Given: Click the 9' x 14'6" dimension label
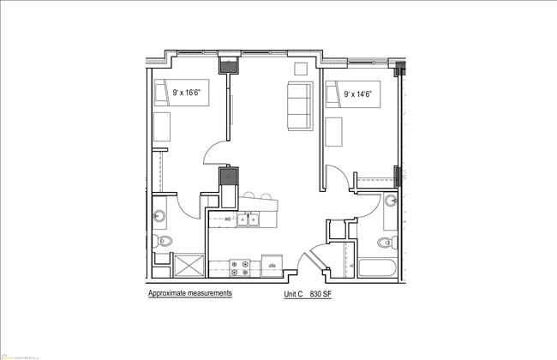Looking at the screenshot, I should click(x=359, y=93).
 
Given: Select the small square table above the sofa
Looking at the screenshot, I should click(x=300, y=70).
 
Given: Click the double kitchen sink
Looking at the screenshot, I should click(x=249, y=220).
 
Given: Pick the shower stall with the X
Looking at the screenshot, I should click(x=189, y=265).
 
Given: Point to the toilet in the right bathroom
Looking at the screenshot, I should click(x=386, y=242).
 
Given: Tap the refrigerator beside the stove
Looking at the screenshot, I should click(x=273, y=265).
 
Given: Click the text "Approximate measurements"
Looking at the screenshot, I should click(x=189, y=293).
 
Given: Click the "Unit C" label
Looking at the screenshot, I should click(x=295, y=294).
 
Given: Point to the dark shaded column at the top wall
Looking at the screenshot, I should click(x=229, y=64).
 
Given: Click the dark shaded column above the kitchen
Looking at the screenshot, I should click(x=228, y=178).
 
